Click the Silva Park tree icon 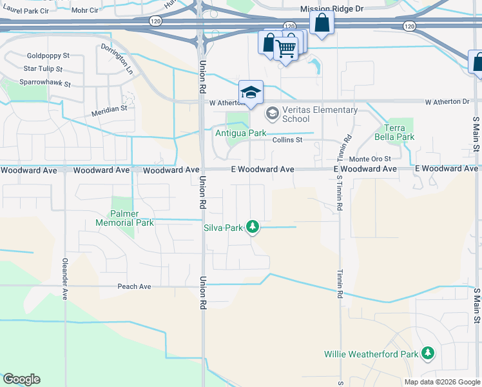point(253,227)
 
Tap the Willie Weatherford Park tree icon point(427,353)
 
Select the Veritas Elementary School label point(296,114)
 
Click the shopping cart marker point(285,47)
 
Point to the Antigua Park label point(240,134)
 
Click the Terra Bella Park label point(400,132)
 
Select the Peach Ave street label point(134,286)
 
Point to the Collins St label point(287,140)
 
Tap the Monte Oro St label point(370,159)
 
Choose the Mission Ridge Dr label point(333,9)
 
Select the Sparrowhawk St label point(44,84)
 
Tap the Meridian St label point(109,109)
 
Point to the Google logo point(21,379)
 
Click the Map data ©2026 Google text point(441,382)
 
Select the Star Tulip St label point(43,68)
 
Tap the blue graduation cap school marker point(251,92)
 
